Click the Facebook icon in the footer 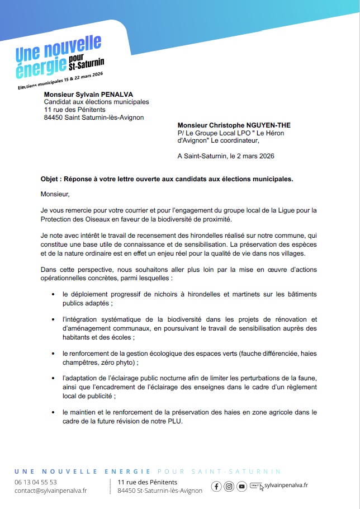click(x=217, y=486)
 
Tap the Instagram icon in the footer click(x=229, y=486)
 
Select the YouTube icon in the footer click(x=241, y=486)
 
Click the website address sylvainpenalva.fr click(x=286, y=486)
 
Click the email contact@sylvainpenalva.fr click(x=50, y=491)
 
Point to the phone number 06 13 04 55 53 click(x=36, y=482)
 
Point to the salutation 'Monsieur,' click(x=55, y=195)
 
